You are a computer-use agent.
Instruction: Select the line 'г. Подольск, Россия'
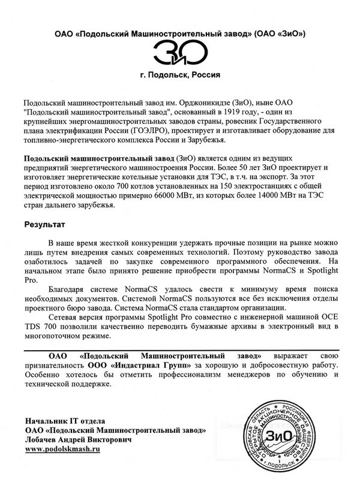coord(179,76)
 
